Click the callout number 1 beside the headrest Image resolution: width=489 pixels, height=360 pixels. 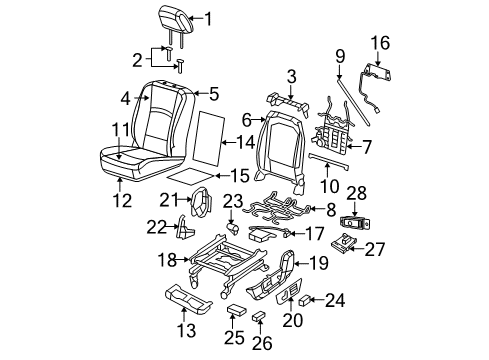[208, 17]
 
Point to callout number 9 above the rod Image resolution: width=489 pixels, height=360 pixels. [341, 54]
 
